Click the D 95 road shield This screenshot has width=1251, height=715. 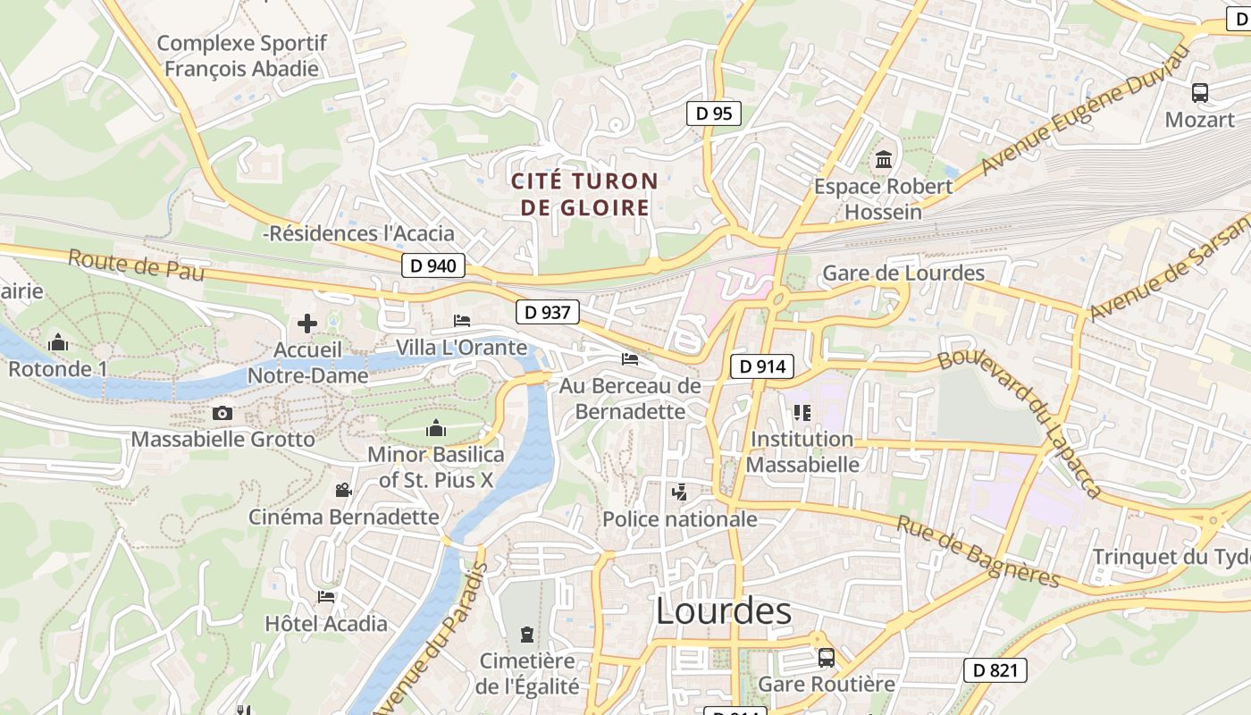pyautogui.click(x=713, y=114)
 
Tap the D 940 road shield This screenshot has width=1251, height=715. pyautogui.click(x=433, y=265)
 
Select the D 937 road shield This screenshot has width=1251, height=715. pyautogui.click(x=548, y=312)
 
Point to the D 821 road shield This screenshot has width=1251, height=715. pyautogui.click(x=995, y=670)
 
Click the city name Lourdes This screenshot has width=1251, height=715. pyautogui.click(x=723, y=611)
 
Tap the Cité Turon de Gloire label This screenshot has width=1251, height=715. pyautogui.click(x=584, y=195)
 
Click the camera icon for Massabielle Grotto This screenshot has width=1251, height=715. pyautogui.click(x=222, y=413)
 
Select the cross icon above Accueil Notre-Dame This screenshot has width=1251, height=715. pyautogui.click(x=307, y=324)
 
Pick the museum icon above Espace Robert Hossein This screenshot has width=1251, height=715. pyautogui.click(x=884, y=160)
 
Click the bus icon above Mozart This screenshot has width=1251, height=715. pyautogui.click(x=1199, y=92)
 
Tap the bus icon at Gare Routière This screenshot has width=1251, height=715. pyautogui.click(x=826, y=658)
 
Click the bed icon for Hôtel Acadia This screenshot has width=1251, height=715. pyautogui.click(x=326, y=596)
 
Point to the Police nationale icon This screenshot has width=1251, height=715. pyautogui.click(x=679, y=492)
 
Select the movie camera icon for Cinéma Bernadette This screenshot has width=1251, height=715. pyautogui.click(x=343, y=490)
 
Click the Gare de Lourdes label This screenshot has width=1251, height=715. pyautogui.click(x=903, y=273)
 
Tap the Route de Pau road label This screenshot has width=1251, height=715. pyautogui.click(x=136, y=265)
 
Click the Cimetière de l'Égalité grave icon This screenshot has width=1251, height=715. pyautogui.click(x=527, y=635)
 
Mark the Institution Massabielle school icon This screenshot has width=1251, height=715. pyautogui.click(x=802, y=412)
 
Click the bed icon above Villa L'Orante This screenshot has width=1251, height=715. pyautogui.click(x=462, y=320)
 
